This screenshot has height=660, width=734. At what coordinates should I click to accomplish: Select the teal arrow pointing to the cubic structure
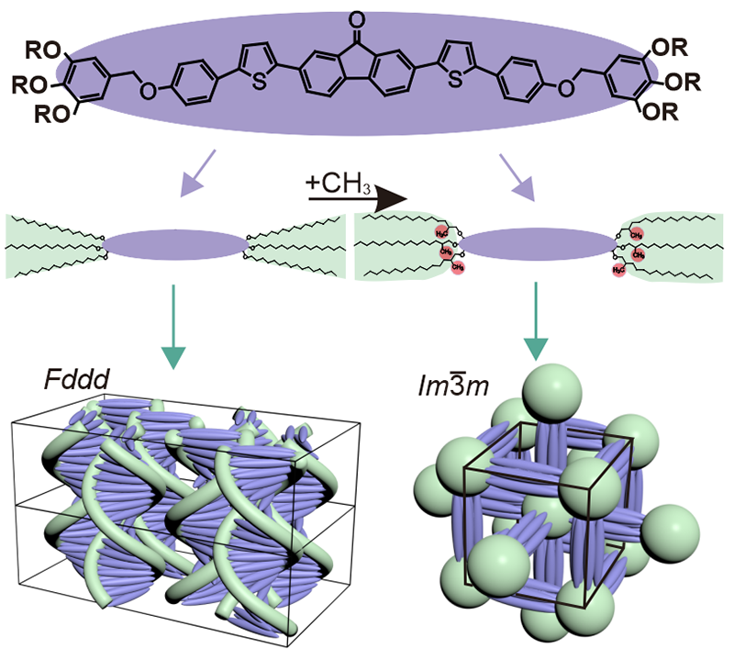coord(536,331)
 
